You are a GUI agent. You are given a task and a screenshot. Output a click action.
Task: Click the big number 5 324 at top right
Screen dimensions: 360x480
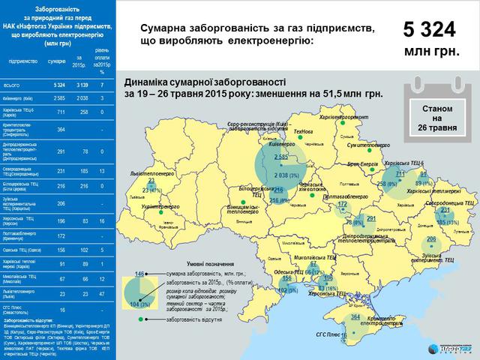click(430, 30)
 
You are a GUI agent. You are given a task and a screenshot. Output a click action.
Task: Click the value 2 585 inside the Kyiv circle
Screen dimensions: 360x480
click(282, 156)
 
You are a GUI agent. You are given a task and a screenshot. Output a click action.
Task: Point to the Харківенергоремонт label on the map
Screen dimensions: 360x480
click(324, 117)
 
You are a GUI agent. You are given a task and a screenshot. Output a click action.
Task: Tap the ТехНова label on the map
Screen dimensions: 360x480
click(304, 130)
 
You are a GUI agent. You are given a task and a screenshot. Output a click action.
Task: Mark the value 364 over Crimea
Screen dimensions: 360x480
click(355, 317)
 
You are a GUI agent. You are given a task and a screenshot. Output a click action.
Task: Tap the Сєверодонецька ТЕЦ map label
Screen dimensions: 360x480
click(448, 202)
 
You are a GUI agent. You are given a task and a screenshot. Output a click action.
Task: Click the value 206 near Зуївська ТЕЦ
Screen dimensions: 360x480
click(430, 239)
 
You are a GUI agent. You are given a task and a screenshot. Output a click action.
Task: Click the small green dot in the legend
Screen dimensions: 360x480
click(140, 319)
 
